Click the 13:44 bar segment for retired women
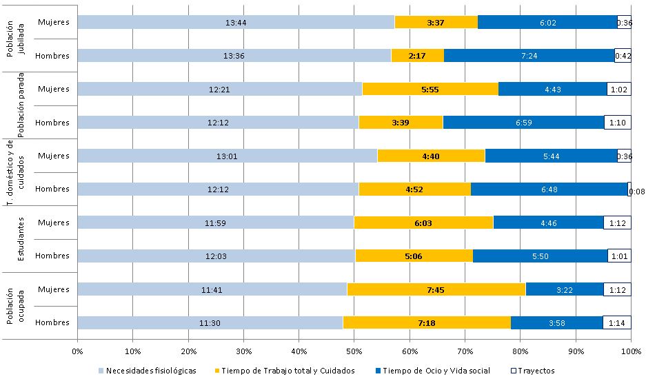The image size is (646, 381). pyautogui.click(x=236, y=23)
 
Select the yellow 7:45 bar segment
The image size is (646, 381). pyautogui.click(x=436, y=289)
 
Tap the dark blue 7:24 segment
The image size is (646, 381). pyautogui.click(x=529, y=56)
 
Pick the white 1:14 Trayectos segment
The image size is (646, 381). pyautogui.click(x=616, y=322)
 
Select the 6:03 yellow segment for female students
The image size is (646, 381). pyautogui.click(x=423, y=223)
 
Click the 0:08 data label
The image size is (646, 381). pyautogui.click(x=637, y=192)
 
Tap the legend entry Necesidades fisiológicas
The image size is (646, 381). pyautogui.click(x=148, y=371)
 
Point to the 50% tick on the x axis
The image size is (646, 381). pyautogui.click(x=354, y=351)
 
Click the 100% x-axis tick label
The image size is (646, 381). pyautogui.click(x=630, y=351)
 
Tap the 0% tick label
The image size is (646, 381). pyautogui.click(x=78, y=351)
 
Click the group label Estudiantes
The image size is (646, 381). pyautogui.click(x=21, y=239)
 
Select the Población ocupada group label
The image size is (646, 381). pyautogui.click(x=14, y=305)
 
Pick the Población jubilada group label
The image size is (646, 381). pyautogui.click(x=14, y=40)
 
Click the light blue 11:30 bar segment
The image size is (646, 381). pyautogui.click(x=210, y=322)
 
